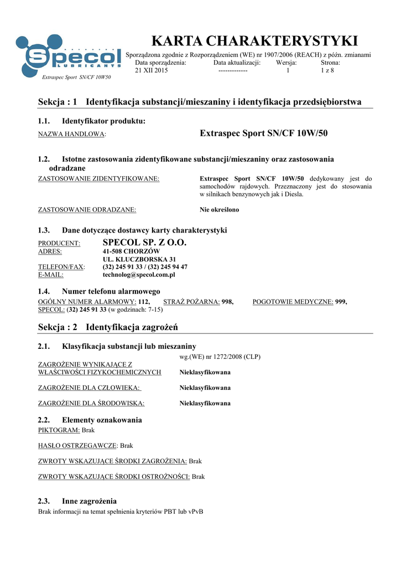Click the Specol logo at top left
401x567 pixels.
[69, 55]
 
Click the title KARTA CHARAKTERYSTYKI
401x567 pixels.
[255, 41]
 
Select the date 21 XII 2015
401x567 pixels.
[152, 71]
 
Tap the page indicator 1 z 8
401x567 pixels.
[327, 71]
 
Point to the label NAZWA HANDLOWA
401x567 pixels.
[71, 135]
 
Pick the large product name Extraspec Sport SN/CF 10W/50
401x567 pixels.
[263, 133]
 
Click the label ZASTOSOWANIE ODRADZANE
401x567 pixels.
[87, 210]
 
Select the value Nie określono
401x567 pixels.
[219, 210]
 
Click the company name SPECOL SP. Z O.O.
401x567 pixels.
[145, 243]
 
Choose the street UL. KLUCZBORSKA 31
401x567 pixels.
[139, 259]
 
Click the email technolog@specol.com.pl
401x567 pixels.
[139, 275]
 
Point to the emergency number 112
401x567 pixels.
[144, 301]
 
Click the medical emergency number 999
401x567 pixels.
[341, 301]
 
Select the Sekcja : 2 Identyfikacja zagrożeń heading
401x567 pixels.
[108, 327]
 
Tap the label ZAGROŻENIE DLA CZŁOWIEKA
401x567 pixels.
[88, 388]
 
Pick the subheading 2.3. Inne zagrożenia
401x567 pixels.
[77, 501]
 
